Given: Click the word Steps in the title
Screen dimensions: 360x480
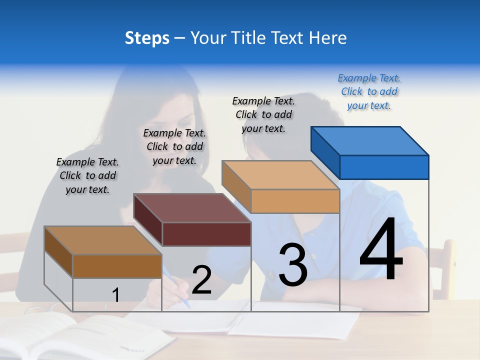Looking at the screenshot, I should pyautogui.click(x=147, y=38).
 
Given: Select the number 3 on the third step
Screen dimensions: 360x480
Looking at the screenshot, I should pyautogui.click(x=293, y=264).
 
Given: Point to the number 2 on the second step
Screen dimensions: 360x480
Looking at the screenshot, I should pyautogui.click(x=201, y=280).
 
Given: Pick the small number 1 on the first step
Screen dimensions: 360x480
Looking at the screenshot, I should pyautogui.click(x=115, y=295).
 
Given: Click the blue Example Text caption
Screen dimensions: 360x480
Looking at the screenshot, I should pyautogui.click(x=369, y=92).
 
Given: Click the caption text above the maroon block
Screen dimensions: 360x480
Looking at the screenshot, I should pyautogui.click(x=174, y=147).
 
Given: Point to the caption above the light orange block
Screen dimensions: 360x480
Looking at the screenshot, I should pyautogui.click(x=263, y=114).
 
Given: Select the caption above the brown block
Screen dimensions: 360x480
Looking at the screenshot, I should pyautogui.click(x=87, y=176).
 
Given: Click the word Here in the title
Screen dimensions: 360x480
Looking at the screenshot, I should pyautogui.click(x=328, y=38).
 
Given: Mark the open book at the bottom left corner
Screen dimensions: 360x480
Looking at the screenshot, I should pyautogui.click(x=60, y=335).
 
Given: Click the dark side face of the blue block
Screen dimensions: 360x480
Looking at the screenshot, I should pyautogui.click(x=325, y=150).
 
